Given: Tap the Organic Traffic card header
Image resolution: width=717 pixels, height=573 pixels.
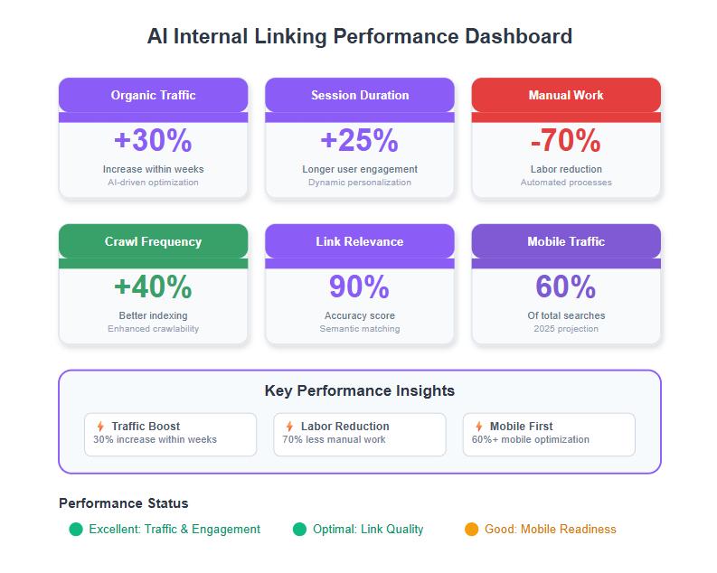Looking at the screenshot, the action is click(x=153, y=95).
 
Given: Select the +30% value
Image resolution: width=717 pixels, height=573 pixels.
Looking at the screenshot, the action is click(x=153, y=140).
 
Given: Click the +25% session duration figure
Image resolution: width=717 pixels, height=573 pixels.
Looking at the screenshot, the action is click(x=360, y=140).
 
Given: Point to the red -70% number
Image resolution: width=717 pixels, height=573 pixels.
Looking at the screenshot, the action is click(x=566, y=140).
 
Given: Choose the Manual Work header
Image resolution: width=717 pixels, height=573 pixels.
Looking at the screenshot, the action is click(x=566, y=95).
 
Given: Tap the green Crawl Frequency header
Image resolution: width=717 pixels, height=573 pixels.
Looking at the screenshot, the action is click(x=153, y=241).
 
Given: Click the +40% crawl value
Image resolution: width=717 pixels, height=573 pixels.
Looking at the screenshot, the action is click(x=153, y=286).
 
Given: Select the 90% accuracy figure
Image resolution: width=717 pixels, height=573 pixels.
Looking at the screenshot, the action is click(x=360, y=286).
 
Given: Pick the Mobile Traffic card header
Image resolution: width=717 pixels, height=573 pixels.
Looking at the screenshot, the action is click(x=566, y=241).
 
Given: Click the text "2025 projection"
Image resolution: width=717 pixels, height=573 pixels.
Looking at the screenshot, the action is click(x=566, y=329).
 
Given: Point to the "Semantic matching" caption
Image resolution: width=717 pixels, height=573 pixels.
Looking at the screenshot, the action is click(x=360, y=329).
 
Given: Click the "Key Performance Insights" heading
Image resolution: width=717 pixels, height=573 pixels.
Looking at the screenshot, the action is click(x=360, y=390).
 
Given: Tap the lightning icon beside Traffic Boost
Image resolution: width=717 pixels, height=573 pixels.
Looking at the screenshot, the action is click(x=100, y=427).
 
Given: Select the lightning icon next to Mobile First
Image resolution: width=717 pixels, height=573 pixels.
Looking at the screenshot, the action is click(x=479, y=427).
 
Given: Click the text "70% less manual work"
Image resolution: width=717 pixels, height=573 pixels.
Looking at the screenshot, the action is click(x=334, y=439).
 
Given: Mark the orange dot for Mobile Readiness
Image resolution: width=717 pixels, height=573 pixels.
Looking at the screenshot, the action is click(x=471, y=529).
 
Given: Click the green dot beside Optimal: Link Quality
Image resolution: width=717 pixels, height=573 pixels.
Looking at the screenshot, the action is click(x=299, y=529).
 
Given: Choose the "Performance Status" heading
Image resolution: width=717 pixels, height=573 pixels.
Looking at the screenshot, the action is click(x=124, y=503).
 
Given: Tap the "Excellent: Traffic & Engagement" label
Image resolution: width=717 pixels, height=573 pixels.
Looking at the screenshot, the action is click(x=175, y=529).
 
